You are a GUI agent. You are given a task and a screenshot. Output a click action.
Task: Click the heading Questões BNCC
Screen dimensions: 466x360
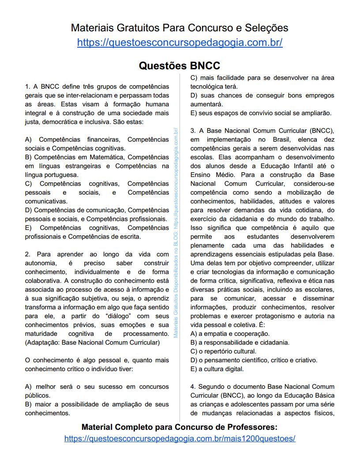click(x=180, y=66)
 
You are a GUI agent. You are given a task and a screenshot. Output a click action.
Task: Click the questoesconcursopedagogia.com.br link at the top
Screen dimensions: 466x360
click(x=180, y=43)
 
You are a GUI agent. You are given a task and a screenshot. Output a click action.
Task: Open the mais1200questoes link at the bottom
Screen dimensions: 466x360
click(x=180, y=439)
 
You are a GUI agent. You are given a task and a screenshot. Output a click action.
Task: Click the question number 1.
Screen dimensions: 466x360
click(x=27, y=86)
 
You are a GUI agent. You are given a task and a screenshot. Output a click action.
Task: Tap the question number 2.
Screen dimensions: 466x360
click(x=27, y=254)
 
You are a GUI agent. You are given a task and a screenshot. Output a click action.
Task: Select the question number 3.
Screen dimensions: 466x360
click(x=193, y=131)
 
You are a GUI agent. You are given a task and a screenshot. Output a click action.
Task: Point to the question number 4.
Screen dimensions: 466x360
click(x=193, y=387)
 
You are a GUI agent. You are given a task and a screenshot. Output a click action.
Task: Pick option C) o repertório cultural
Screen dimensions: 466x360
click(x=223, y=351)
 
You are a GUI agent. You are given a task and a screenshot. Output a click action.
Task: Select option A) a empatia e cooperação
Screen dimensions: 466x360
click(x=230, y=334)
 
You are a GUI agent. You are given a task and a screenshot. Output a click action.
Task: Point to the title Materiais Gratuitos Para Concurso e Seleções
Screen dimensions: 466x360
click(x=180, y=28)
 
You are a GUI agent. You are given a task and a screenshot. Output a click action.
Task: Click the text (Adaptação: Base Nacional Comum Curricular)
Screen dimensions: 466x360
click(x=92, y=342)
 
